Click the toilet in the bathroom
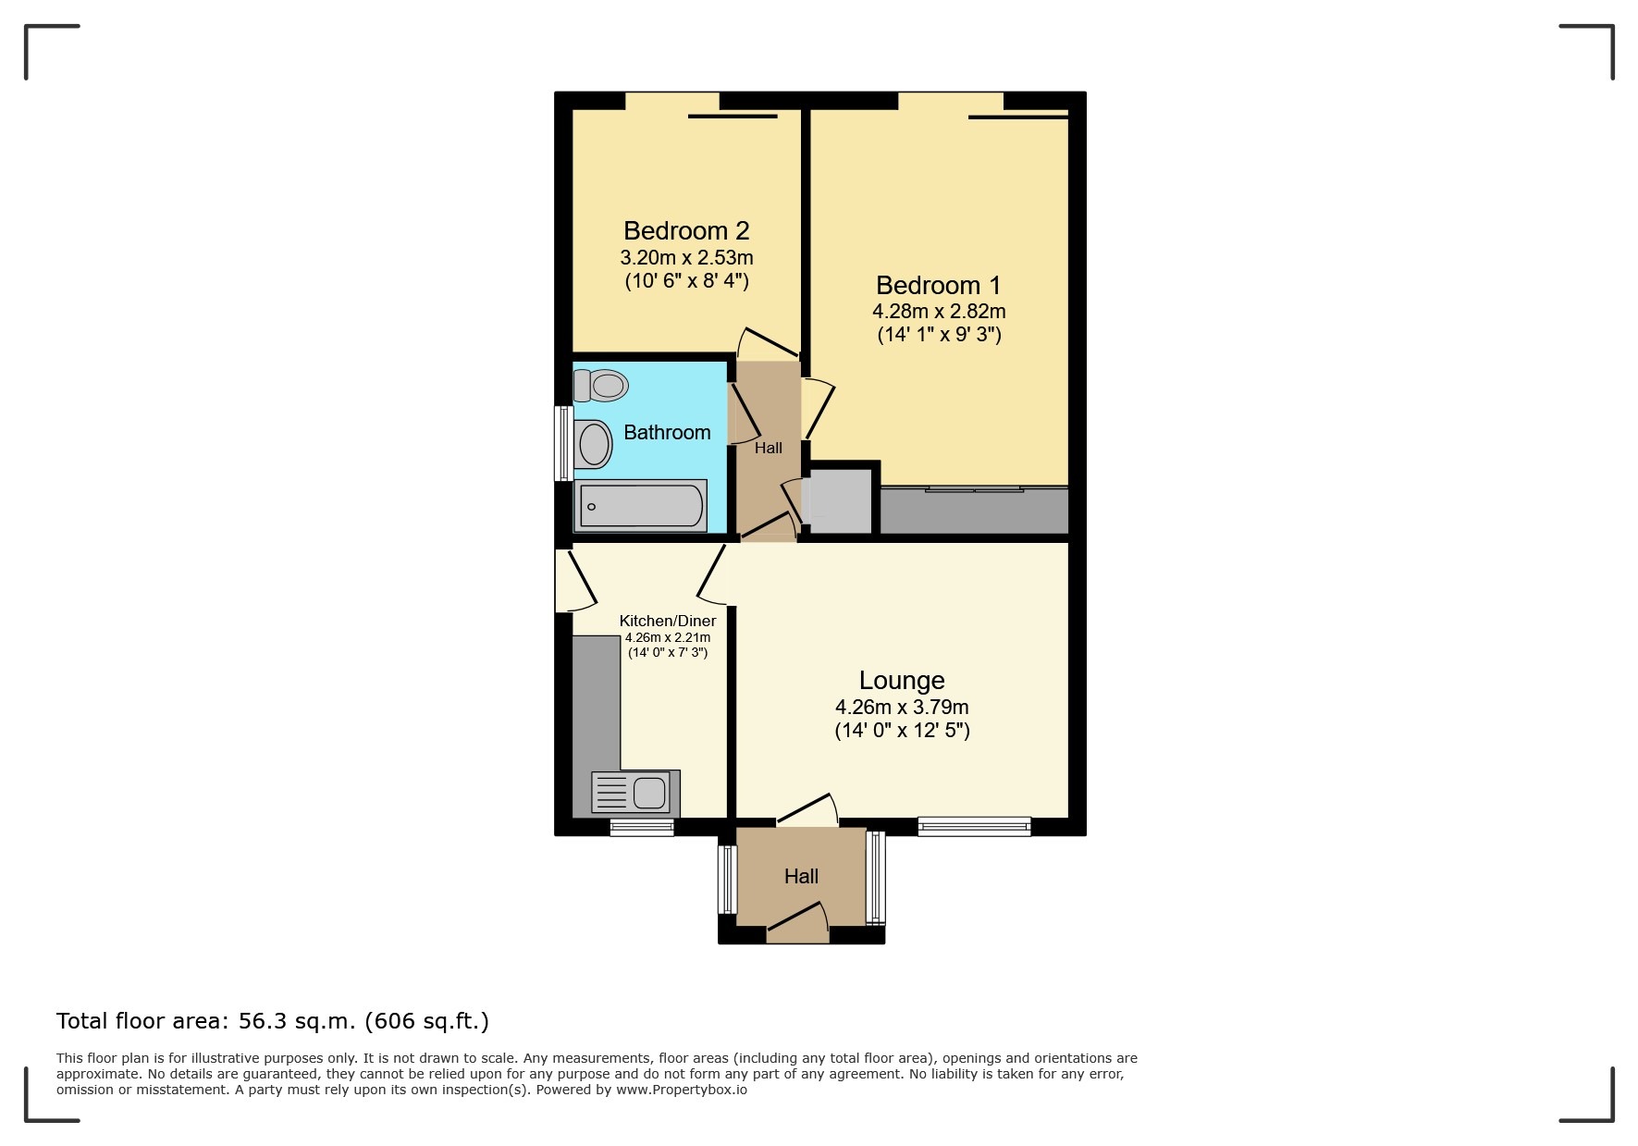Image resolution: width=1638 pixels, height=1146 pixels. coord(601,385)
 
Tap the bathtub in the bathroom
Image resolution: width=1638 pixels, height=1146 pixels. coord(640,506)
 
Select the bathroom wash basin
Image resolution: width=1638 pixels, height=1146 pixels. coord(594,445)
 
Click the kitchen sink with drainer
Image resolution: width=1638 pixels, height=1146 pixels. coord(635,793)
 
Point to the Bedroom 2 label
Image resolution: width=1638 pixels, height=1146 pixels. coord(686,230)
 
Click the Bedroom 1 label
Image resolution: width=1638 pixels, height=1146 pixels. coord(939,285)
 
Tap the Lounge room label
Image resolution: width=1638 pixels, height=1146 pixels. coord(902,681)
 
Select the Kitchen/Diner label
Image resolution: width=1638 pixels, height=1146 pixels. coord(668,621)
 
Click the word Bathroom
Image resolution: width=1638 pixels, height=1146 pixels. coord(667,432)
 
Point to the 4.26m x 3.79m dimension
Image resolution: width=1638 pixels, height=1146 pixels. coord(902,707)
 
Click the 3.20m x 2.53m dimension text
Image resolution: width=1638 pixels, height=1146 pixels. coord(686,257)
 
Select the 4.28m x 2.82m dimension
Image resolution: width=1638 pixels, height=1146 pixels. coord(939,312)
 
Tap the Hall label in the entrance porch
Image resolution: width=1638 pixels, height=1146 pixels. coord(801,876)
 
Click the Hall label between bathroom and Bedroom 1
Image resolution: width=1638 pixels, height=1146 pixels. coord(769,448)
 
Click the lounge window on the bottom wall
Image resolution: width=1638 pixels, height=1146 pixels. coord(974,826)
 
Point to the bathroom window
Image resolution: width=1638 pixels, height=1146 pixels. coord(561,443)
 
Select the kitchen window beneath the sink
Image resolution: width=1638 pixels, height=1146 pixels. coord(642,827)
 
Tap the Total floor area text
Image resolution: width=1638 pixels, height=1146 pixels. coord(273,1021)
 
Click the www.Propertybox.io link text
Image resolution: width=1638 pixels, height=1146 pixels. coord(682,1090)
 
